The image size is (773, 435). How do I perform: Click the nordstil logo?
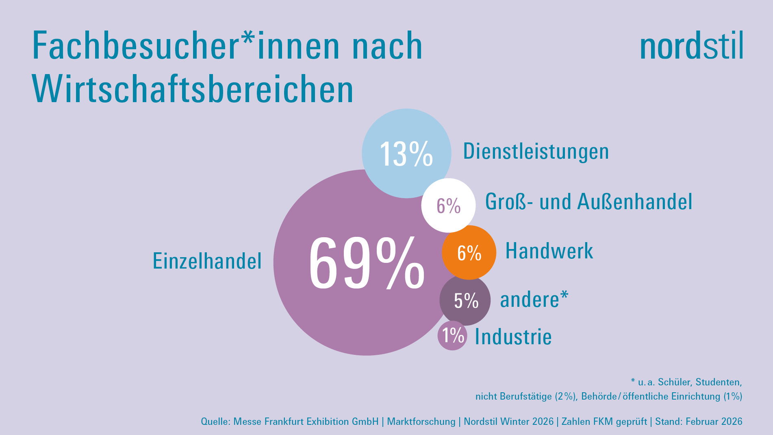pyautogui.click(x=691, y=46)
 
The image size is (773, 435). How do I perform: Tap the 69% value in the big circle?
pyautogui.click(x=366, y=264)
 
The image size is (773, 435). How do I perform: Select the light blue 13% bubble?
pyautogui.click(x=406, y=153)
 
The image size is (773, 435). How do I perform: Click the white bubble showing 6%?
pyautogui.click(x=448, y=205)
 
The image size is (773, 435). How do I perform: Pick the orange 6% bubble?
pyautogui.click(x=469, y=253)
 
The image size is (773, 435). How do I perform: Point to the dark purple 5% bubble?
pyautogui.click(x=465, y=301)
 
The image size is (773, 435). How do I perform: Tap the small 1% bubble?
pyautogui.click(x=452, y=336)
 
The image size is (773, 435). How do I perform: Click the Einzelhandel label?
pyautogui.click(x=207, y=261)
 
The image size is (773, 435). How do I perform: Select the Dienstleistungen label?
pyautogui.click(x=536, y=151)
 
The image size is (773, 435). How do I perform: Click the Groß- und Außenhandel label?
pyautogui.click(x=588, y=201)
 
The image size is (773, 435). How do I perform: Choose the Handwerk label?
pyautogui.click(x=549, y=251)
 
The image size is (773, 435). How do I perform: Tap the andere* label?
pyautogui.click(x=534, y=300)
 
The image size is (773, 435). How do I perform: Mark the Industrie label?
pyautogui.click(x=513, y=337)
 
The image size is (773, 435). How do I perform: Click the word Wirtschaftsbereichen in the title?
pyautogui.click(x=193, y=90)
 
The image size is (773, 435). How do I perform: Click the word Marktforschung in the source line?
pyautogui.click(x=421, y=422)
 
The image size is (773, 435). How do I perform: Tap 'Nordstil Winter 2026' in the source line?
pyautogui.click(x=508, y=422)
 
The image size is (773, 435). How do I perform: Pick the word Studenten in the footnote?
pyautogui.click(x=718, y=382)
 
